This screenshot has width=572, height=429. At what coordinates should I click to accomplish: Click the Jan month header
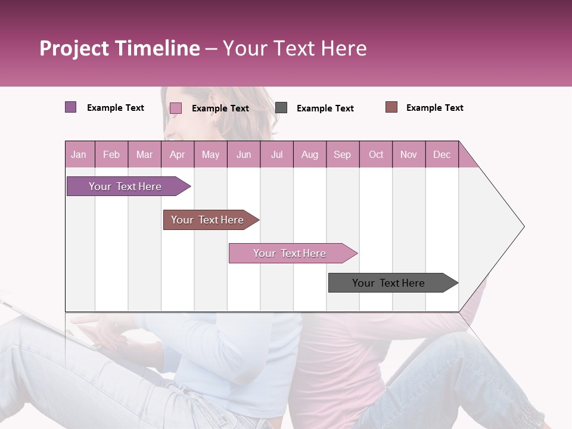click(79, 154)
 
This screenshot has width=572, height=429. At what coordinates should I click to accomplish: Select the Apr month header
click(177, 154)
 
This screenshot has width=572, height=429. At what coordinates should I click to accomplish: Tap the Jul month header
click(276, 154)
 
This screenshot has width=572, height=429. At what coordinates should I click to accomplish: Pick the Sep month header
click(342, 154)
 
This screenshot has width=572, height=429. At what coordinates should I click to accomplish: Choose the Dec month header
click(442, 154)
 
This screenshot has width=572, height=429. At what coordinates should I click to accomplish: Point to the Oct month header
click(376, 154)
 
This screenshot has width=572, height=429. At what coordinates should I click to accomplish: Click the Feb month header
click(111, 154)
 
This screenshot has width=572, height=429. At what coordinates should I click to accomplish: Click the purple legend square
click(70, 107)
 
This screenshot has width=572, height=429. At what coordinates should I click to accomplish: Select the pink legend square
click(175, 108)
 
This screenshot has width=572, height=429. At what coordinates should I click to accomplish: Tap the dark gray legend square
click(281, 108)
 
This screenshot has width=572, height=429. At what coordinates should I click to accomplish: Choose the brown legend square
click(391, 107)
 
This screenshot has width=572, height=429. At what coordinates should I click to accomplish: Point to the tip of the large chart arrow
click(523, 226)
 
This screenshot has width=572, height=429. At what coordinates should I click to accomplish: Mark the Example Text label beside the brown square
click(434, 108)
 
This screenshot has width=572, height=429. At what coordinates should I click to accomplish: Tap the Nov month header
click(409, 154)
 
